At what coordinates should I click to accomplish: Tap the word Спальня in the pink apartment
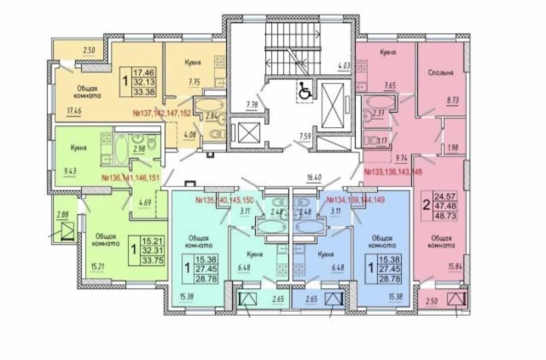click(x=440, y=73)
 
